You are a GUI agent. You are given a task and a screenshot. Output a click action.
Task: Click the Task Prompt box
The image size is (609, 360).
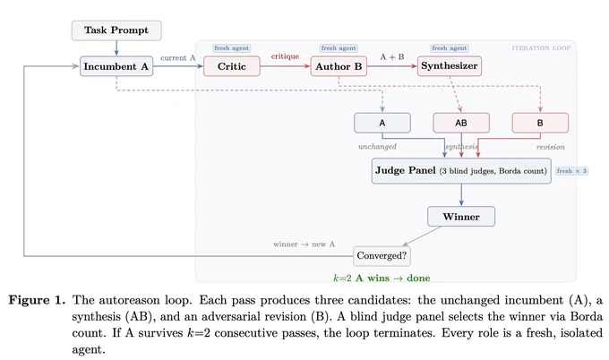[x=116, y=30]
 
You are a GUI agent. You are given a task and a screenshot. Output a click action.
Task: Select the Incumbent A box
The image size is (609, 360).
[x=116, y=66]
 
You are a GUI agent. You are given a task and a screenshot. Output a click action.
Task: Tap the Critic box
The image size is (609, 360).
[x=231, y=66]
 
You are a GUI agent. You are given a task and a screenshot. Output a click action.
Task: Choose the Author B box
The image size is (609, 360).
[x=339, y=66]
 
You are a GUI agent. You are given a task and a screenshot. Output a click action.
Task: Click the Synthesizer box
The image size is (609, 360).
[x=450, y=66]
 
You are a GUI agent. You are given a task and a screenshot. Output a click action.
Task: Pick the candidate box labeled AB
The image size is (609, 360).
[x=461, y=123]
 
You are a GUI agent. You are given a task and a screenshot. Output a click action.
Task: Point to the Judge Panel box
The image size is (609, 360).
[x=461, y=171]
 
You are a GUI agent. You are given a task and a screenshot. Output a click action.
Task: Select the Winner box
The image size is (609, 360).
[x=461, y=217]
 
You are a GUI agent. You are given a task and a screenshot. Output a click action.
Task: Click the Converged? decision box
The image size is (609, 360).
[x=382, y=256]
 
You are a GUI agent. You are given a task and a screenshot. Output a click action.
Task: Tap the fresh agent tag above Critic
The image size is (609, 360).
[x=231, y=48]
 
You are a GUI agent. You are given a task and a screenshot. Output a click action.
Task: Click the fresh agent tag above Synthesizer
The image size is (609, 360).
[x=450, y=48]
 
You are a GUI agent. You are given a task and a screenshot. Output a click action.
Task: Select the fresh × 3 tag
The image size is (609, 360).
[x=571, y=171]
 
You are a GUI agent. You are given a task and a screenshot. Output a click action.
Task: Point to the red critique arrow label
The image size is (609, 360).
[x=285, y=56]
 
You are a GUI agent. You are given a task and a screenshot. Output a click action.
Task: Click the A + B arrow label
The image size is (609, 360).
[x=392, y=56]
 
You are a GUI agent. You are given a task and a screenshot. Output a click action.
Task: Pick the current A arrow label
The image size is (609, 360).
[x=178, y=58]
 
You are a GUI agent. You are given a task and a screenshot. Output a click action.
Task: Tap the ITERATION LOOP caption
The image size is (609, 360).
[x=541, y=48]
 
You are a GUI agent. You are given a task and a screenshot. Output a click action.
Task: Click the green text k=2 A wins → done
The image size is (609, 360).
[x=382, y=278]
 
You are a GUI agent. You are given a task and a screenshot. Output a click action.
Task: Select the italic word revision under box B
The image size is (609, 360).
[x=551, y=147]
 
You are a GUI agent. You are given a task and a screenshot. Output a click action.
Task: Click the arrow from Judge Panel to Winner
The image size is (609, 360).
[x=461, y=194]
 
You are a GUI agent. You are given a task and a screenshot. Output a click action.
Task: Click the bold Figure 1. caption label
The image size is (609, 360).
[x=38, y=300]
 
